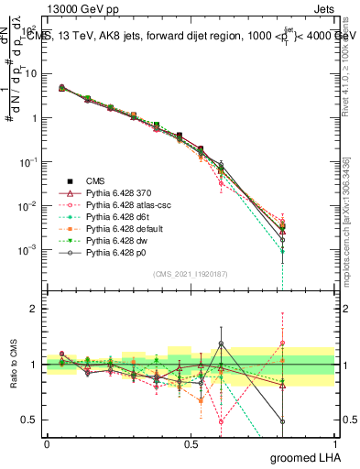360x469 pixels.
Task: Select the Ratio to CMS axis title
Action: pyautogui.click(x=13, y=365)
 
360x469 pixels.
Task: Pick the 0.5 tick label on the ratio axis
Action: pyautogui.click(x=29, y=420)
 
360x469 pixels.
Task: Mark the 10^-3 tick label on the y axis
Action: pyautogui.click(x=27, y=249)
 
